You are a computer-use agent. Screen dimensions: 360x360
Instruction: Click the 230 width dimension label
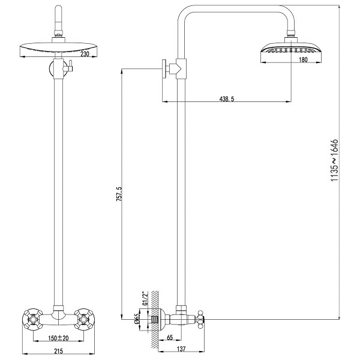85,54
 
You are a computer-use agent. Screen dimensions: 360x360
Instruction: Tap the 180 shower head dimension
303,59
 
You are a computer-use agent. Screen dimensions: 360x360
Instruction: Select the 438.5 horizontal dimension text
227,99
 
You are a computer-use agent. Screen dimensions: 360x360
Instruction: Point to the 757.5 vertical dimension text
119,194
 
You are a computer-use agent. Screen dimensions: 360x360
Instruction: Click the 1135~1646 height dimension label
334,160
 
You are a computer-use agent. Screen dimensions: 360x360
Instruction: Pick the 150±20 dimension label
58,338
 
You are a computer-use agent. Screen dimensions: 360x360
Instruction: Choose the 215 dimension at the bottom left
58,351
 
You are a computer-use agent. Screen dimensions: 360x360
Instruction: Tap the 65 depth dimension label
170,337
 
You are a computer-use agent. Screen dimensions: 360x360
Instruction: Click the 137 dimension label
181,349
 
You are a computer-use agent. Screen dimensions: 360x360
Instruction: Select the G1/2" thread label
145,298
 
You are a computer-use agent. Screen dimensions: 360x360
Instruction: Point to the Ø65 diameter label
136,319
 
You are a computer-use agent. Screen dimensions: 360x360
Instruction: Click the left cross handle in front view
33,319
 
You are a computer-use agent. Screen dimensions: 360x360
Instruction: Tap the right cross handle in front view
84,319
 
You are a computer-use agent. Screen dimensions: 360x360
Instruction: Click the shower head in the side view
291,49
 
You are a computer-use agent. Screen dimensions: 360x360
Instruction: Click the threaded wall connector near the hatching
154,319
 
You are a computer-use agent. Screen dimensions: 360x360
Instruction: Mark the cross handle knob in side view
200,319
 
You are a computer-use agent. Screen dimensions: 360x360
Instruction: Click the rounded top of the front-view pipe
58,13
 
